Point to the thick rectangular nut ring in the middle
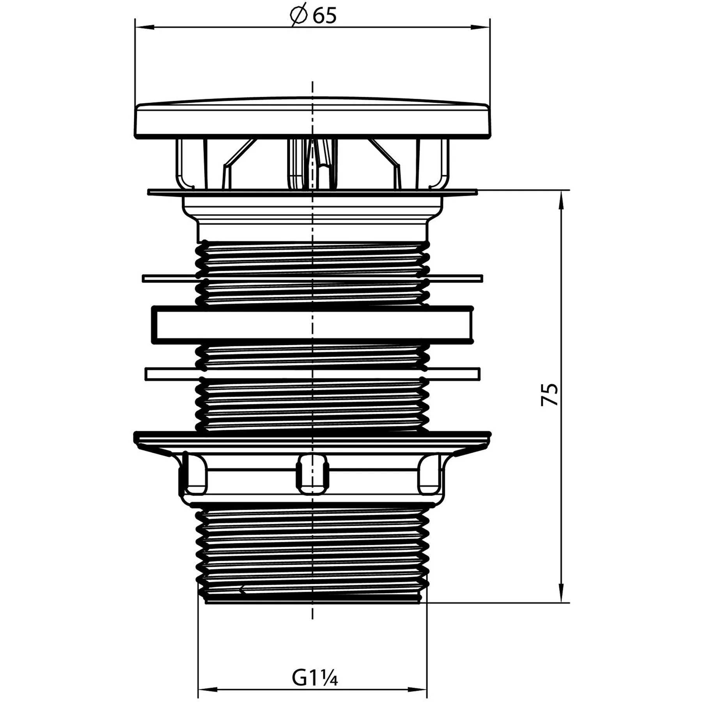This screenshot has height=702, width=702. pos(312,325)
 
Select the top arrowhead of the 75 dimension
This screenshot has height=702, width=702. pos(562,200)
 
